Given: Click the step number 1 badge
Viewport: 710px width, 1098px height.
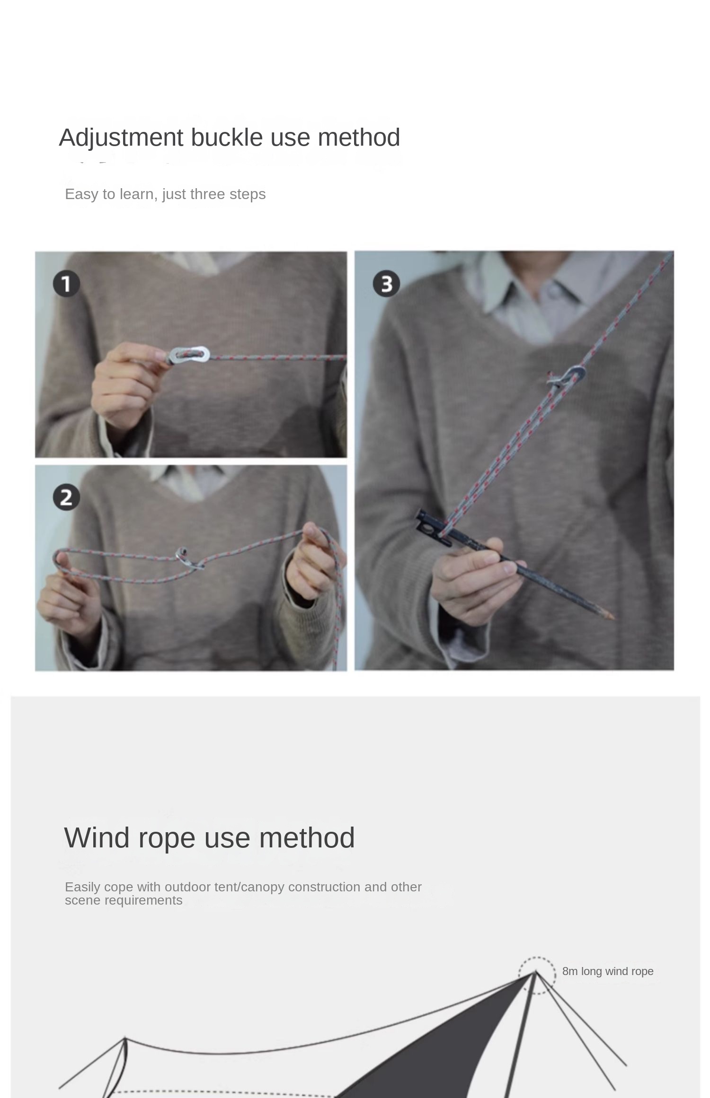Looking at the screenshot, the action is pos(66,284).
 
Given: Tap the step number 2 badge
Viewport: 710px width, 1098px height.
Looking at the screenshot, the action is pos(66,497).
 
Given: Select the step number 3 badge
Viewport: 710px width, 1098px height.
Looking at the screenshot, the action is pos(386,284).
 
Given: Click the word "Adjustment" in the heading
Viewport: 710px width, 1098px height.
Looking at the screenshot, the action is pos(121,138).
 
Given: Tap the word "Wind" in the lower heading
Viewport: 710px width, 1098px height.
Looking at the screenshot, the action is pos(97,838).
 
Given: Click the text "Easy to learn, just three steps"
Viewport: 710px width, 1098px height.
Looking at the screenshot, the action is pos(165,194).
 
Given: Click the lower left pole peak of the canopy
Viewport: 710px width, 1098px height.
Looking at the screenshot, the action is pos(125,1038).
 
